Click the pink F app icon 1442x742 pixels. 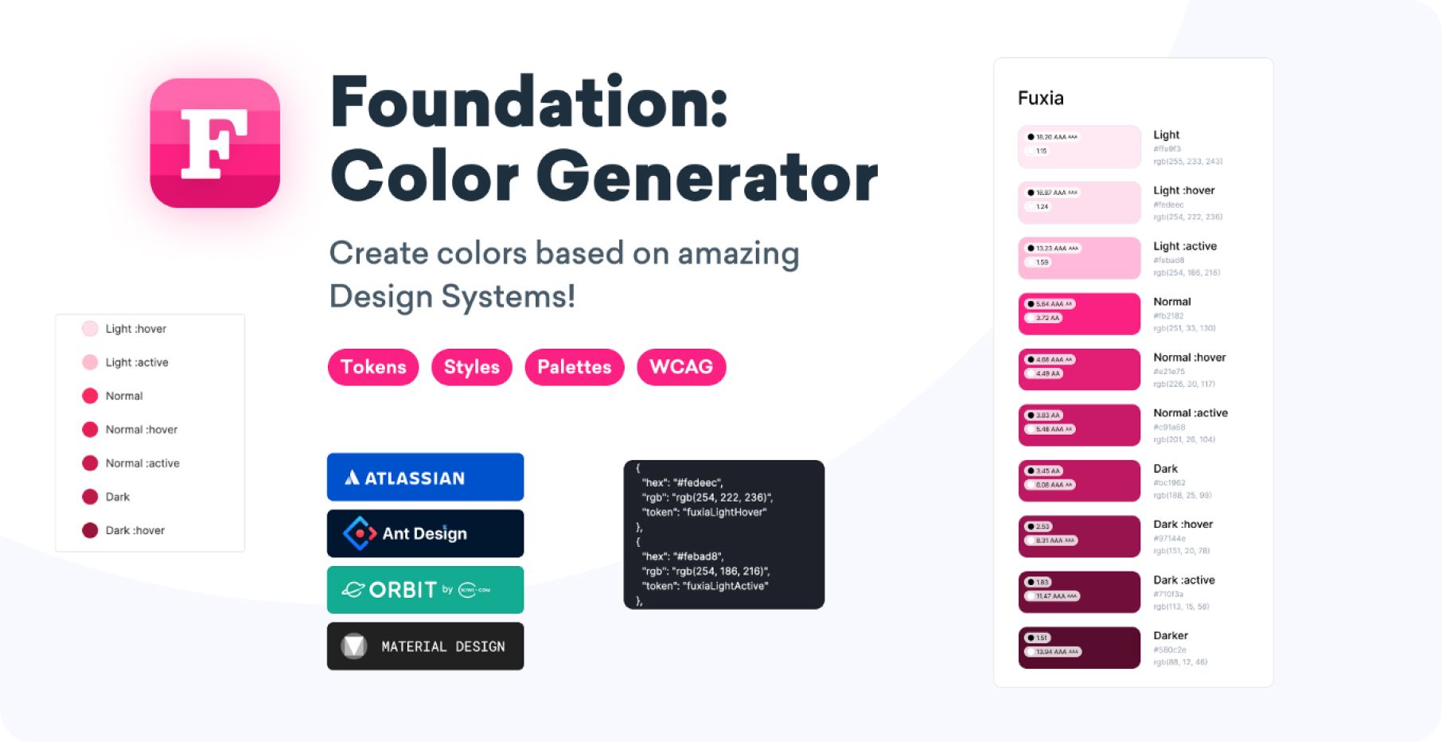coord(215,143)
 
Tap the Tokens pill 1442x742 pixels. coord(373,367)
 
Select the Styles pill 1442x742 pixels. coord(471,367)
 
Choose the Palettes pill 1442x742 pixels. coord(574,367)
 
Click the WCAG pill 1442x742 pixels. coord(681,367)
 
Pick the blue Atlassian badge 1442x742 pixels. coord(425,478)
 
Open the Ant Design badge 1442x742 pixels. coord(425,533)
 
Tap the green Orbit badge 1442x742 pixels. coord(425,590)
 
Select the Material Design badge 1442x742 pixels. coord(425,646)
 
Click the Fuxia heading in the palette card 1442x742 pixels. coord(1040,98)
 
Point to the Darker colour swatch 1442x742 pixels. coord(1079,647)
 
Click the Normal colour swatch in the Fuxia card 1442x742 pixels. coord(1079,314)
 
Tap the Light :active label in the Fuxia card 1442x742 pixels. coord(1185,246)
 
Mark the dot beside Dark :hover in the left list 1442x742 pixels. coord(90,530)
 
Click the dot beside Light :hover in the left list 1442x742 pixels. coord(90,329)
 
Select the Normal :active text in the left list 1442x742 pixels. coord(142,463)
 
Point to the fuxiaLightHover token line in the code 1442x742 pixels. coord(703,512)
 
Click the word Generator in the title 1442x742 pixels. coord(707,177)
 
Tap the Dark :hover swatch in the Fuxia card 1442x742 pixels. coord(1079,536)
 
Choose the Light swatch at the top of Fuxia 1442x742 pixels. coord(1079,146)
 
